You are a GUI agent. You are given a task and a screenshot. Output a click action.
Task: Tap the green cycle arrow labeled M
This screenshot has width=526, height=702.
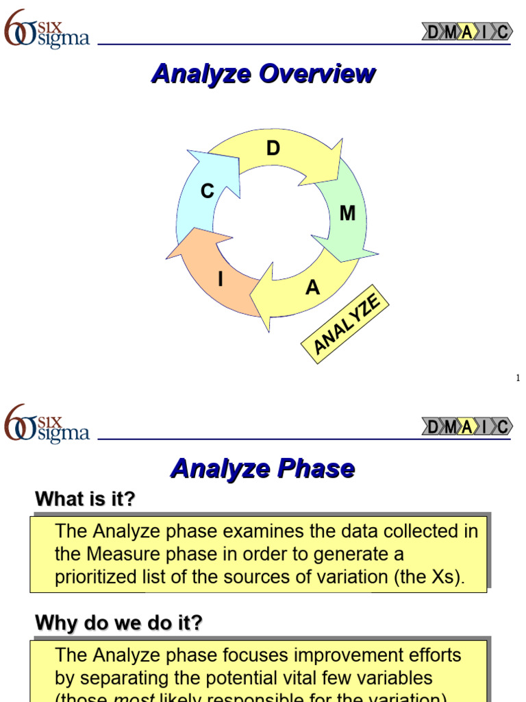pos(345,216)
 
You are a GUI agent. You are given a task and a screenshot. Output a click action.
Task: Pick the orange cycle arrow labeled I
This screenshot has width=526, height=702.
pos(216,274)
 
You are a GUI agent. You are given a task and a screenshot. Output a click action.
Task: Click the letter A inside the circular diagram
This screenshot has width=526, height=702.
pos(312,288)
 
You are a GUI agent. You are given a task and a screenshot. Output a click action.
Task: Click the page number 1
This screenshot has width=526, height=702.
pos(518,378)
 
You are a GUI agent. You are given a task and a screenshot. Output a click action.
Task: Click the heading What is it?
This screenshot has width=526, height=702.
pos(85,500)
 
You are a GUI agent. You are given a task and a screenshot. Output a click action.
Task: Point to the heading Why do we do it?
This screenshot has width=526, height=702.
pos(118,623)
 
